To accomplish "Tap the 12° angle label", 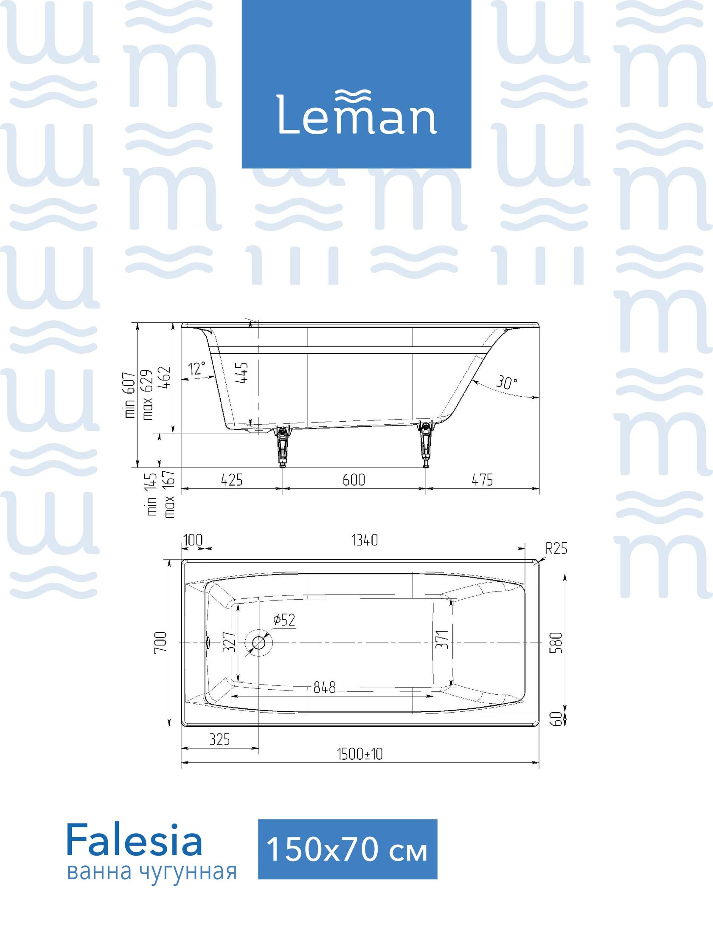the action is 197,368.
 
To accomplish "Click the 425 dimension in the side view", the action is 231,480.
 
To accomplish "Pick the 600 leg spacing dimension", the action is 354,480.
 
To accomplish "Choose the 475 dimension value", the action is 482,480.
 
